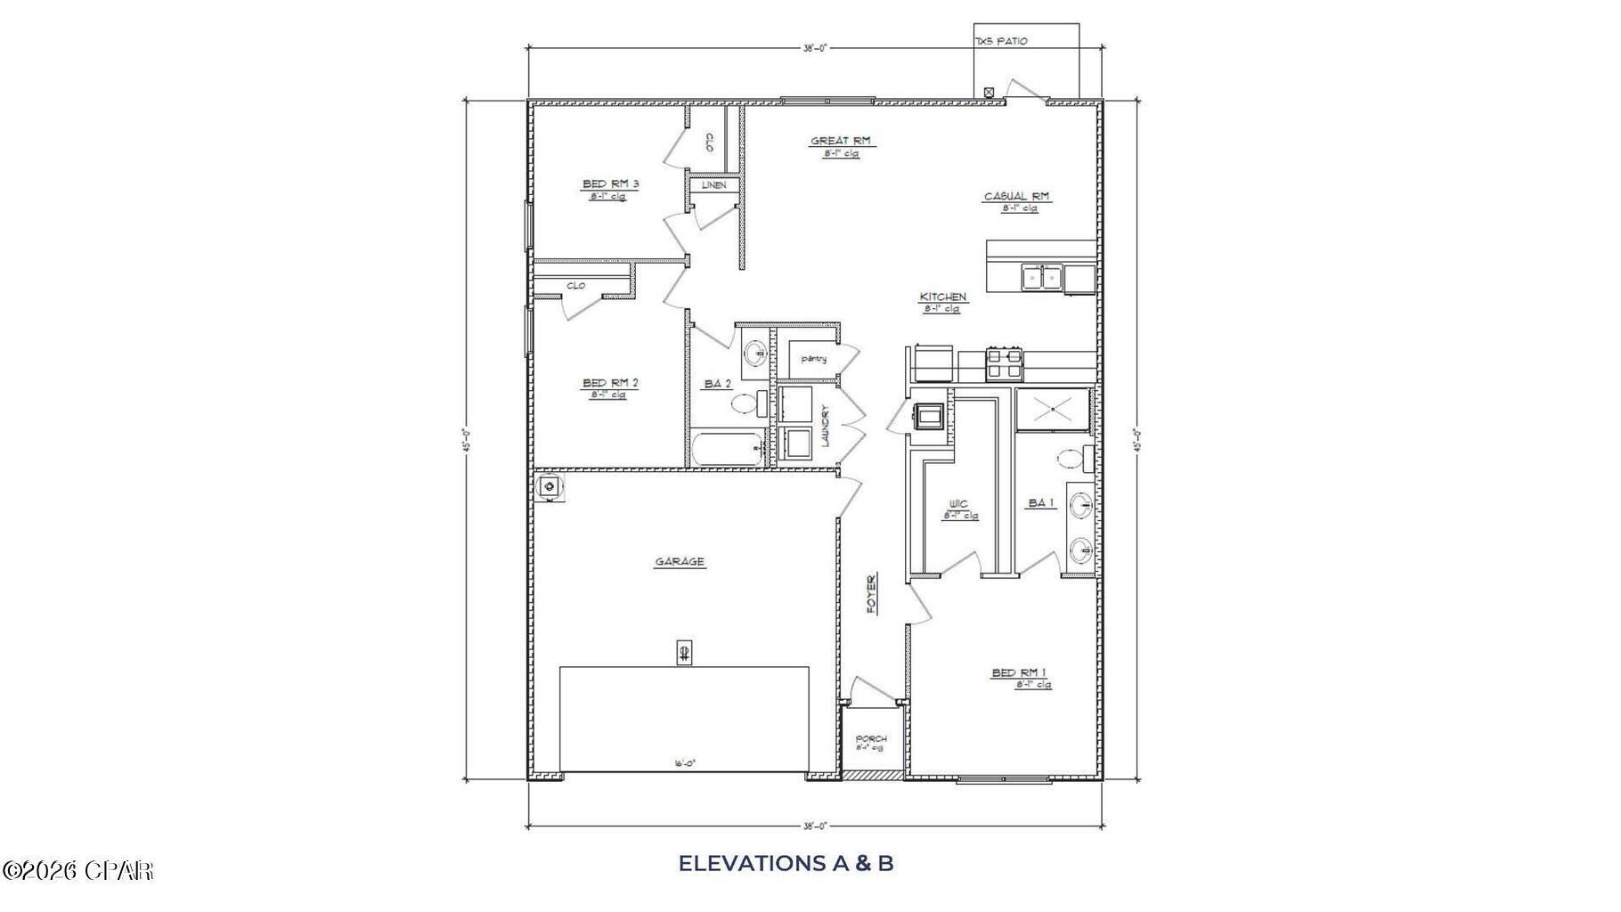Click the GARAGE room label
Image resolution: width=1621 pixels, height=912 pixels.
point(680,562)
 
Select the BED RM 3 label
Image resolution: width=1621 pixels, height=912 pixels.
point(611,184)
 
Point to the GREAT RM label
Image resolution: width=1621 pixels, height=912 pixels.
point(840,141)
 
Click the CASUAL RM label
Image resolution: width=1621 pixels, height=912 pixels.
point(1016,196)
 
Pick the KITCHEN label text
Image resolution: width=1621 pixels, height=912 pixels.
point(942,297)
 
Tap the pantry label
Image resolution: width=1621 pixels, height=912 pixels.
point(813,359)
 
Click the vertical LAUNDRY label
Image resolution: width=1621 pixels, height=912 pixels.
point(826,426)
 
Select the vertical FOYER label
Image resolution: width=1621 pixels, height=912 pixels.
point(872,593)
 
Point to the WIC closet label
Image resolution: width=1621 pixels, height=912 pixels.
point(958,504)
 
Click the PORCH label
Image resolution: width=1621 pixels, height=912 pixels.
point(870,739)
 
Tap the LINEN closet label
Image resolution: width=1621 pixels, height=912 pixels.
point(713,185)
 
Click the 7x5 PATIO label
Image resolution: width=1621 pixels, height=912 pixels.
point(1001,41)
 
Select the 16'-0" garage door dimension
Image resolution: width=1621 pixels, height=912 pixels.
point(684,763)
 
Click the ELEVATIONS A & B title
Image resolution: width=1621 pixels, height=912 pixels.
point(786,863)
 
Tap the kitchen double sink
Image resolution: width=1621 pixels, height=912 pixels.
point(1040,278)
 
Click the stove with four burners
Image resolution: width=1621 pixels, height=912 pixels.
point(1004,363)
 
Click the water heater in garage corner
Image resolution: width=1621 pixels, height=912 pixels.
point(550,486)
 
